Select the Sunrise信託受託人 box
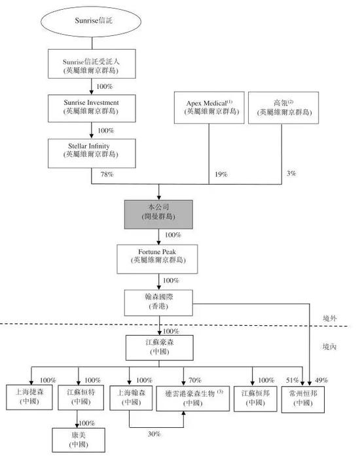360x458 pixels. pos(91,67)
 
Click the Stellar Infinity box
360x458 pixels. pos(91,150)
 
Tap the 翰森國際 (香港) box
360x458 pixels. pos(159,302)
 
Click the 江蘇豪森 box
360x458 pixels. pos(159,347)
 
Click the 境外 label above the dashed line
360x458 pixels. pos(330,317)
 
